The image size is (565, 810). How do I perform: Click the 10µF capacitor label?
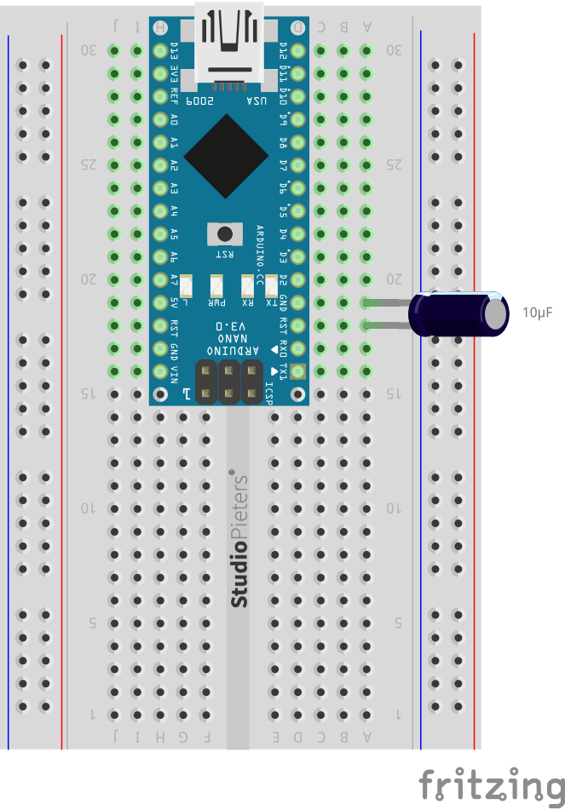(538, 313)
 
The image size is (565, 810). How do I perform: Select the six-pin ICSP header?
(229, 382)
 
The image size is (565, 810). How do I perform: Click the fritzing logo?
(491, 784)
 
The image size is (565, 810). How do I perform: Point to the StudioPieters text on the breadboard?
(239, 539)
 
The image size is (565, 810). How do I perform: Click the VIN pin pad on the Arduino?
(159, 371)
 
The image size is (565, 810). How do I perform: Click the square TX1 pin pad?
(297, 371)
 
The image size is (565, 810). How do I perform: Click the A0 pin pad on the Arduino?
(159, 120)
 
